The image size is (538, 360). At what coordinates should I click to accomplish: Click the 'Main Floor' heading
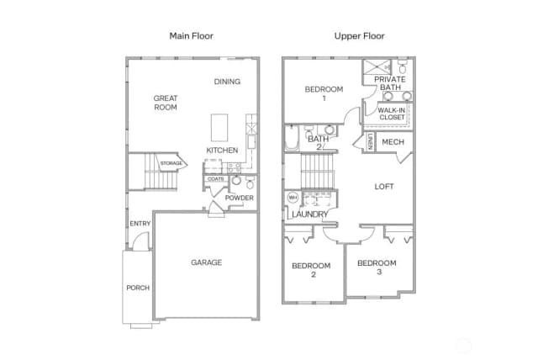tap(191, 36)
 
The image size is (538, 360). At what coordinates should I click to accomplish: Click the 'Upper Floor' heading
tap(359, 36)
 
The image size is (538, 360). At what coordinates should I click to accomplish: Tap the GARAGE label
tap(206, 262)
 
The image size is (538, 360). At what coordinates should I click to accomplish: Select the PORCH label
tap(138, 288)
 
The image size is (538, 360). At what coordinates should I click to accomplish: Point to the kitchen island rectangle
tap(219, 128)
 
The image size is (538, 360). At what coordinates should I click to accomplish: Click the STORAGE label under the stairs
tap(171, 163)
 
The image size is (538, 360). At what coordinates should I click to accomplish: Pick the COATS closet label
tap(216, 179)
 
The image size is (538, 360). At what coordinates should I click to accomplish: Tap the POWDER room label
tap(239, 198)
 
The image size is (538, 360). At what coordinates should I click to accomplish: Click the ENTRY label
tap(140, 224)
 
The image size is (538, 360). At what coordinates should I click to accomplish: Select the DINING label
tap(227, 82)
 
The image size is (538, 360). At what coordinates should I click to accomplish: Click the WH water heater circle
tap(293, 198)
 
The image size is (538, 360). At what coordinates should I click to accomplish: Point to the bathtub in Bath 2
tap(292, 138)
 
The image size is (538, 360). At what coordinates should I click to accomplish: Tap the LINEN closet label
tap(370, 141)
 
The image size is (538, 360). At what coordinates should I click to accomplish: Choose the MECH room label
tap(393, 142)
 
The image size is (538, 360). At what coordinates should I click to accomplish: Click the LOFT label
tap(384, 187)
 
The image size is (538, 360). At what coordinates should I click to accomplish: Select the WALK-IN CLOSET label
tap(392, 114)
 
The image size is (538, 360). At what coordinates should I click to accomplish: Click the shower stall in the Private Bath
tap(377, 67)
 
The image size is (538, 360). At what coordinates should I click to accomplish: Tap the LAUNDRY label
tap(310, 214)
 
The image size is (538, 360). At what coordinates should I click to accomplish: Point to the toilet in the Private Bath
tap(403, 67)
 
